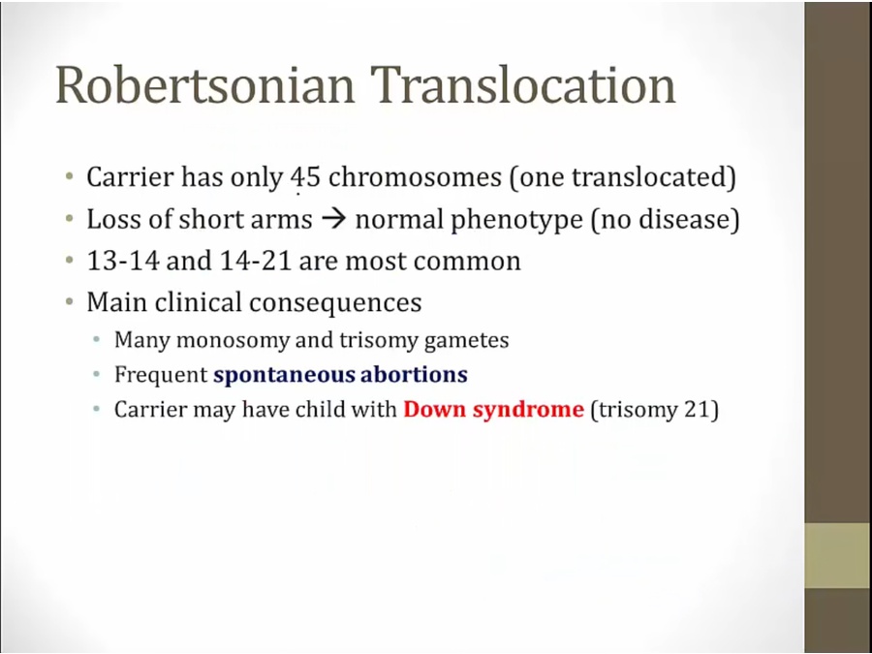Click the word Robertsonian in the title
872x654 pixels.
point(205,84)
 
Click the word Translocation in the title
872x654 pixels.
point(523,84)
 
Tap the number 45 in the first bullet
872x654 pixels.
point(305,177)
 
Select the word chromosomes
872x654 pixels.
point(415,177)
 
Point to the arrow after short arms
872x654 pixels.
point(333,219)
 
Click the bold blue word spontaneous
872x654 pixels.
point(284,375)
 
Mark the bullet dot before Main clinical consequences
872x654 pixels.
point(69,302)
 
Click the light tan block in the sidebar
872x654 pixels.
point(838,555)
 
